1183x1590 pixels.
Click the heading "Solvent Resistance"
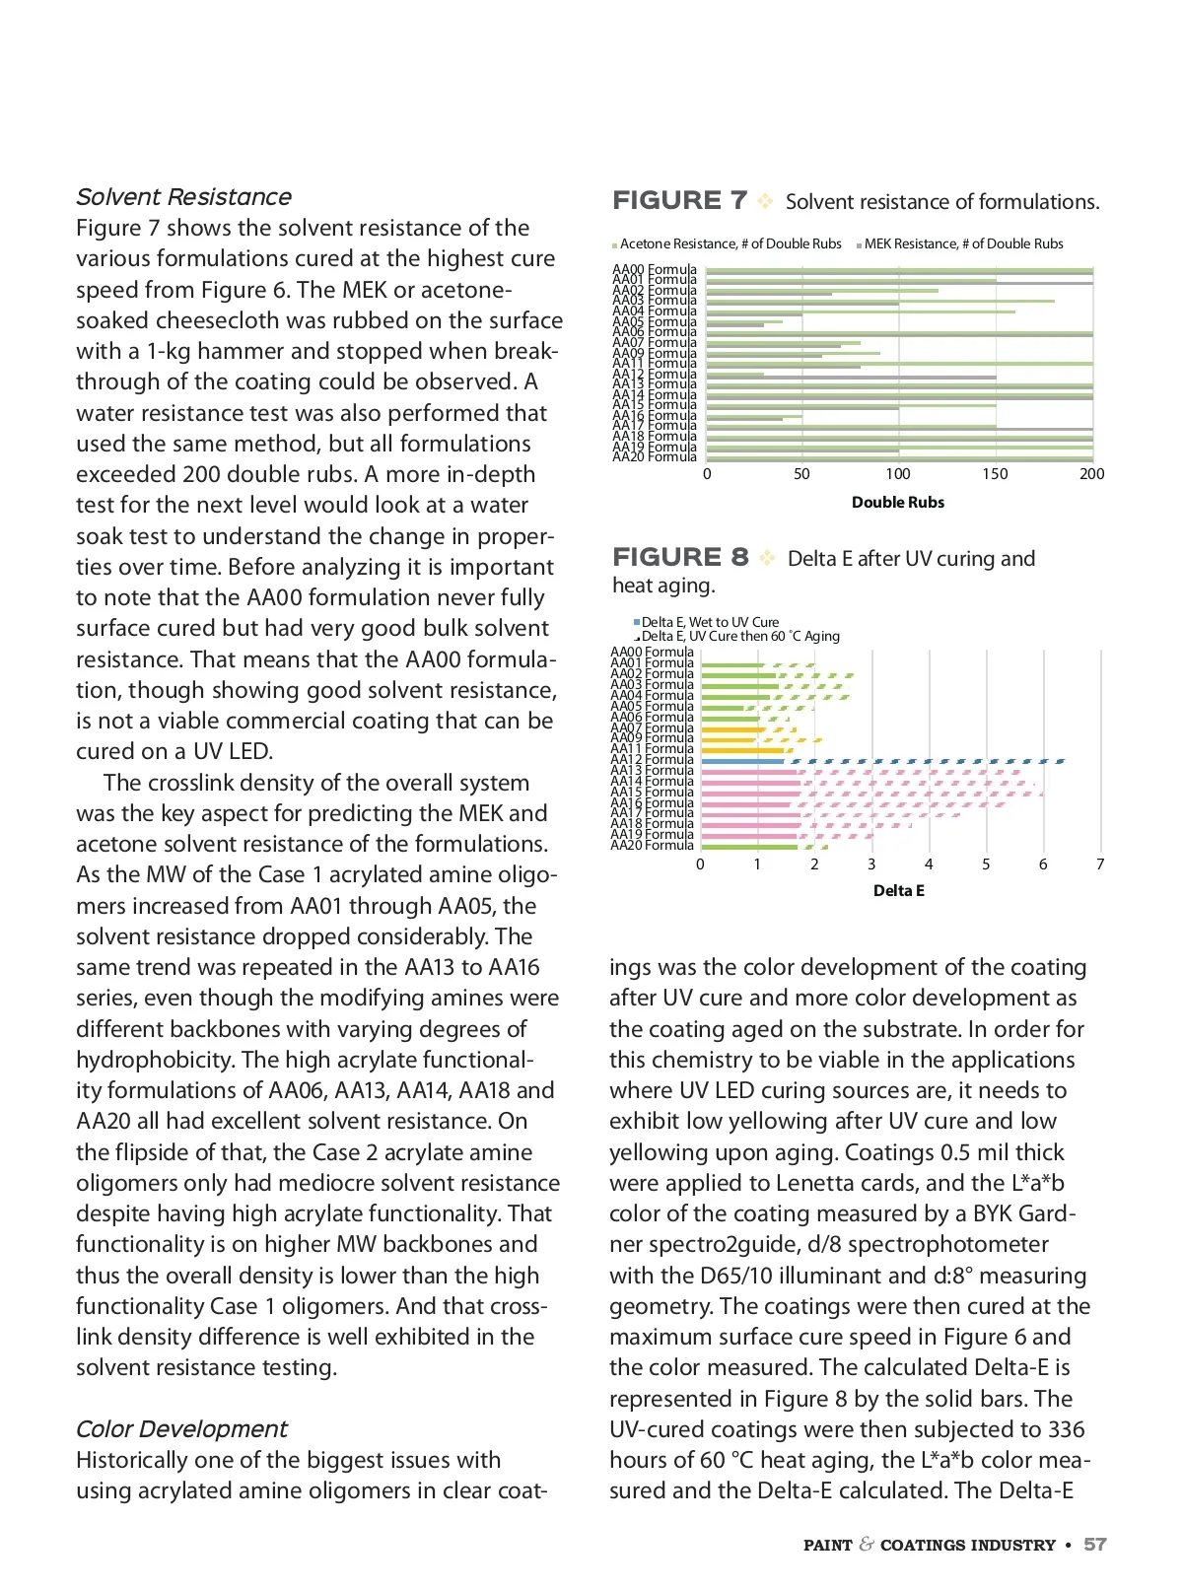coord(183,197)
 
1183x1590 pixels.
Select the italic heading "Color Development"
coord(181,1429)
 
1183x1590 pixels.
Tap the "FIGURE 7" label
coord(679,201)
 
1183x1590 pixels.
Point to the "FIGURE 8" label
coord(680,558)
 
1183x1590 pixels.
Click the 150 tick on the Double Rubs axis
coord(995,474)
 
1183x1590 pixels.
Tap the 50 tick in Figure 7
coord(802,474)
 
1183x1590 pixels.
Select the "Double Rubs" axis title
coord(898,503)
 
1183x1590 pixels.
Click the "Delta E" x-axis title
coord(898,891)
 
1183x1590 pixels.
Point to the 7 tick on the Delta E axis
coord(1100,864)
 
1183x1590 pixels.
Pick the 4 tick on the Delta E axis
coord(929,864)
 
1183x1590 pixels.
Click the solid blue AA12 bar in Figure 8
coord(742,761)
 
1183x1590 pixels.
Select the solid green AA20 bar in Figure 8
coord(749,846)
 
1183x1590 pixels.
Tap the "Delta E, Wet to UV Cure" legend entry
coord(709,622)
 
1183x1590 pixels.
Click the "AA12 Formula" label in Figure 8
coord(652,760)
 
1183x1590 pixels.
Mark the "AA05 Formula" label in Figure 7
coord(654,322)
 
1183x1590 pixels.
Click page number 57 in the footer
coord(1095,1545)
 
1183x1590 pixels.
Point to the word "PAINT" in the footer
coord(828,1546)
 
